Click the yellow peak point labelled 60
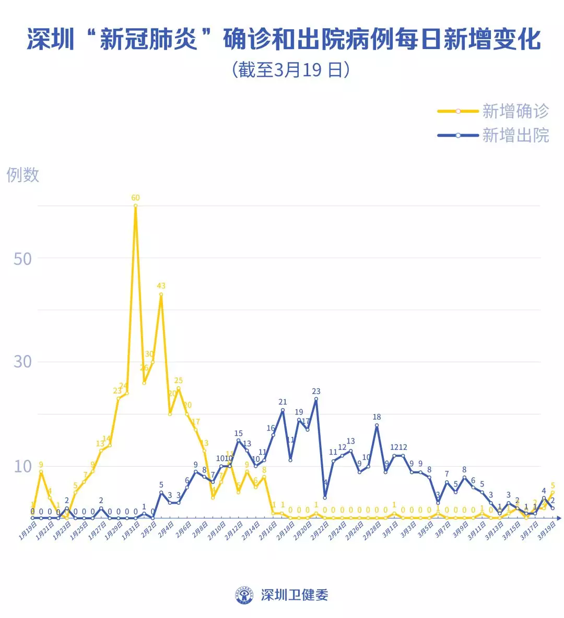point(136,206)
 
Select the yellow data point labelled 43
point(161,294)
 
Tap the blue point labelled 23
point(316,399)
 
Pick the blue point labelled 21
point(283,410)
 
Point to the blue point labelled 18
point(377,425)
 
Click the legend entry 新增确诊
point(515,111)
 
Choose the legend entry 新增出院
point(515,135)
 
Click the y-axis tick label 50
point(22,258)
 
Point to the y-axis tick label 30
point(22,361)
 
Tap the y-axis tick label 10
point(22,466)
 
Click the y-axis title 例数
point(23,174)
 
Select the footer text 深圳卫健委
point(294,595)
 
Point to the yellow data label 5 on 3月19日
point(553,485)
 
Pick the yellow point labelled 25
point(179,388)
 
